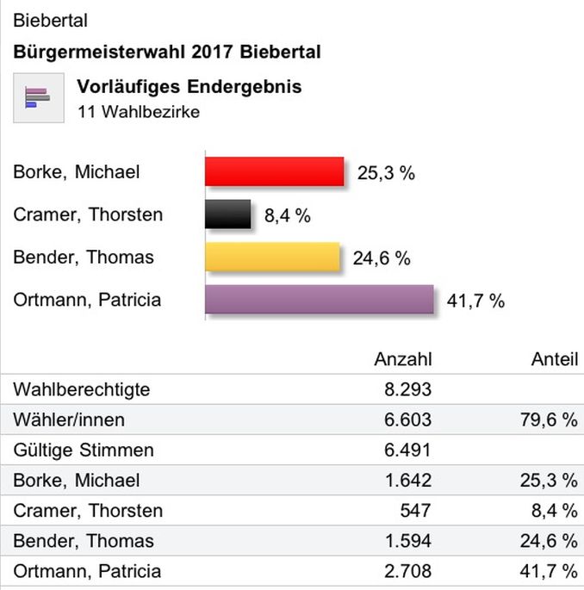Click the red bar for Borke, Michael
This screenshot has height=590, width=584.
(x=274, y=171)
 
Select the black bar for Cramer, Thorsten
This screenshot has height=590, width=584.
(x=227, y=214)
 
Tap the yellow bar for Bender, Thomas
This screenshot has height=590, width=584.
(x=272, y=257)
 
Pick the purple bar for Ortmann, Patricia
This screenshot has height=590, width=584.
(x=319, y=300)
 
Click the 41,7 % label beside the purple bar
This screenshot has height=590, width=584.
(x=475, y=301)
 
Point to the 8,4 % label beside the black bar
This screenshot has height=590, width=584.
(x=287, y=215)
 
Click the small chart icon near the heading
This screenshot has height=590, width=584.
(x=37, y=98)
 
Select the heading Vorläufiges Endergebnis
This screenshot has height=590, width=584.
(x=189, y=87)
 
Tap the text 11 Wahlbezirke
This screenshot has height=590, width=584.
(x=138, y=112)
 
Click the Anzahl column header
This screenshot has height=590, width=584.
(x=403, y=359)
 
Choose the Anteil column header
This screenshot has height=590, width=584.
(x=555, y=359)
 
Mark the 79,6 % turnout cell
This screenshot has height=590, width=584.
(x=548, y=419)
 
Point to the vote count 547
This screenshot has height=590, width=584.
(x=414, y=511)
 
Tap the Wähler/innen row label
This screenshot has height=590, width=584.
(x=69, y=419)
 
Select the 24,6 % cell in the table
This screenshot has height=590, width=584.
(x=548, y=541)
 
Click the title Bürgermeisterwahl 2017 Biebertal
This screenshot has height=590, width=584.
(x=167, y=52)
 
